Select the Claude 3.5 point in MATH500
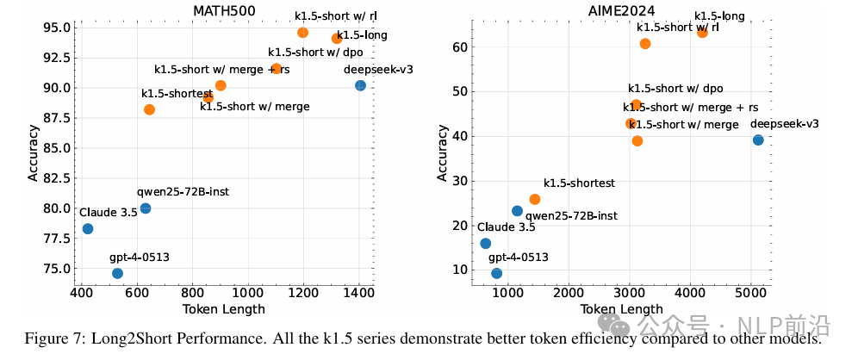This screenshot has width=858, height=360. coord(88,229)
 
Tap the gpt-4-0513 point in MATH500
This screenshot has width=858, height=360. coord(118,273)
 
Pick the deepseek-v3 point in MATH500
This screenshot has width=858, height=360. coord(360,85)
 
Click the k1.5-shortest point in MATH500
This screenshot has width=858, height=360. coord(150,109)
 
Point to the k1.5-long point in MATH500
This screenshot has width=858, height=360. coord(337,39)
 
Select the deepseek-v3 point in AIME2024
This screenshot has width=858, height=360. coord(758,140)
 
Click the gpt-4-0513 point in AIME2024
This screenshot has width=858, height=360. coord(497,273)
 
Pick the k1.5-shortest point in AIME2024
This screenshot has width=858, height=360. coord(535,199)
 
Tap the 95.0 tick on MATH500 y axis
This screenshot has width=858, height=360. coord(54,28)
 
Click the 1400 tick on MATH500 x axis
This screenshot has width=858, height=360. coord(359,294)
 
